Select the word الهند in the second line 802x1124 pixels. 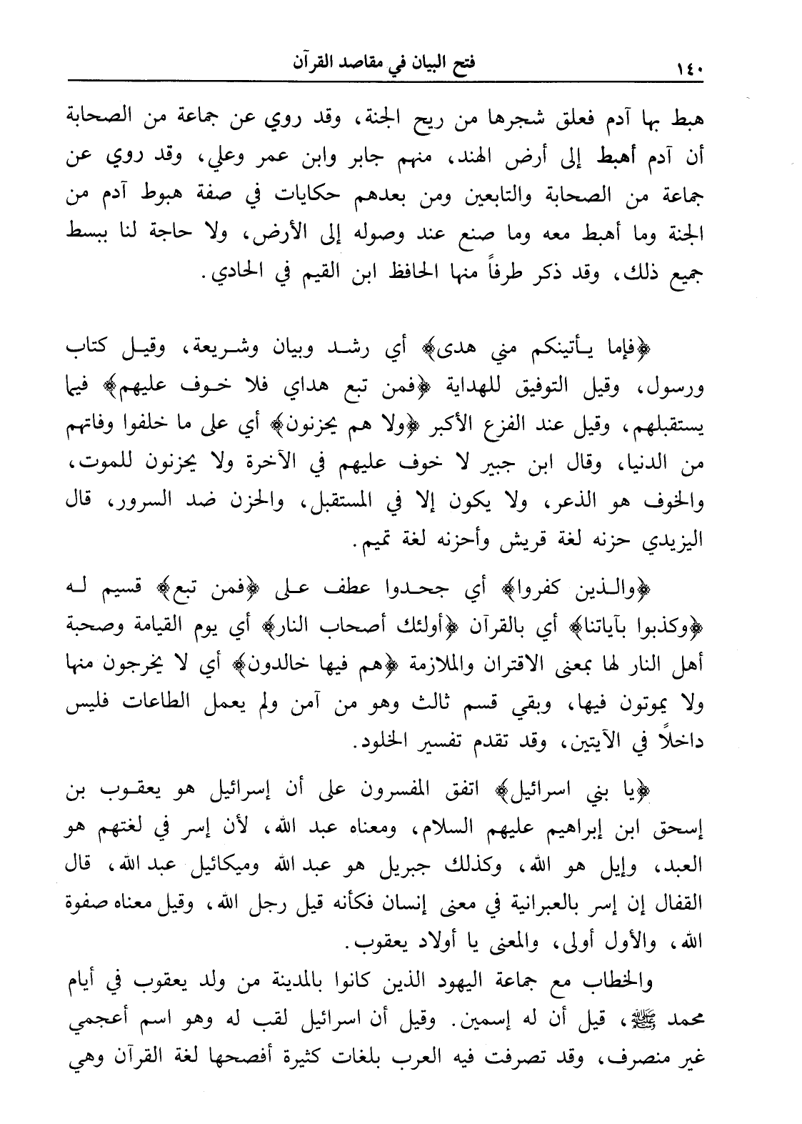coord(453,157)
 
